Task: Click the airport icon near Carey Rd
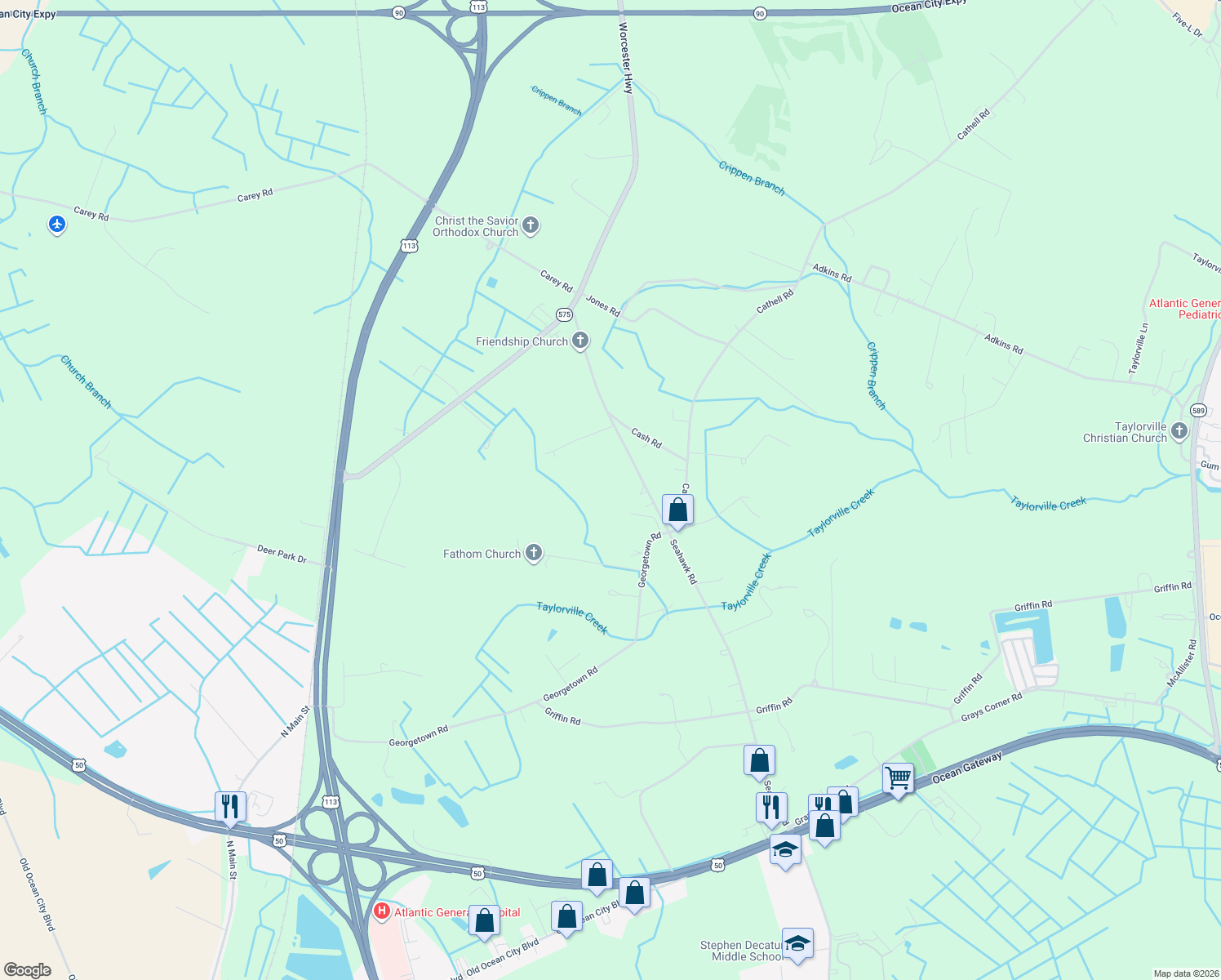click(56, 223)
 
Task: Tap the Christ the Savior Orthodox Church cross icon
click(531, 225)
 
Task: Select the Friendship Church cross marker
click(580, 340)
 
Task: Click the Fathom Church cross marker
click(534, 553)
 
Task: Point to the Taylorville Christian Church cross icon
click(1179, 430)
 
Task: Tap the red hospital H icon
click(381, 911)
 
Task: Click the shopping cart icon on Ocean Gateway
click(898, 777)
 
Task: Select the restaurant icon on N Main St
click(230, 806)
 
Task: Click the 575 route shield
click(564, 314)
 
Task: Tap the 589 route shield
click(1198, 410)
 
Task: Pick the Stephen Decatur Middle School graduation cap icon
click(797, 943)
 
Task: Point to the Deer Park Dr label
click(282, 555)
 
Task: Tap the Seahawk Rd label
click(683, 561)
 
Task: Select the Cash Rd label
click(646, 438)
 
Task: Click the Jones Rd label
click(602, 305)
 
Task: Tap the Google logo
click(28, 969)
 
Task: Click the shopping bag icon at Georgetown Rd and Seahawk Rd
click(677, 510)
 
